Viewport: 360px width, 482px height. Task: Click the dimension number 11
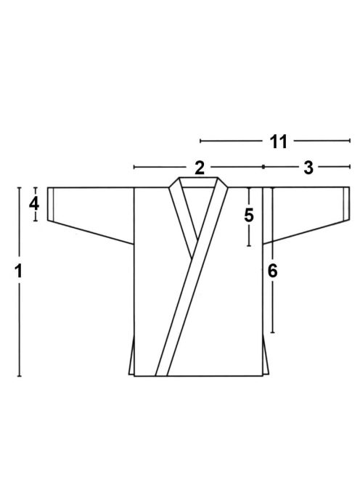click(x=278, y=142)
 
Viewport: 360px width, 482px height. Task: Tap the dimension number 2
click(x=199, y=168)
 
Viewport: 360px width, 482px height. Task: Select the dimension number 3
click(x=308, y=168)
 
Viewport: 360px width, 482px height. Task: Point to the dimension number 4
click(x=34, y=204)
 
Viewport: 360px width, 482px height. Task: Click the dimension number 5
click(x=249, y=215)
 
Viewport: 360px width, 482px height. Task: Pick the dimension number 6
click(x=272, y=271)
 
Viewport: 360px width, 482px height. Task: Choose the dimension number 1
click(x=19, y=271)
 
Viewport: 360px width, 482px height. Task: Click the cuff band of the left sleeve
click(x=50, y=204)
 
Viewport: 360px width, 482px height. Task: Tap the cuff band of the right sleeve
click(x=346, y=204)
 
